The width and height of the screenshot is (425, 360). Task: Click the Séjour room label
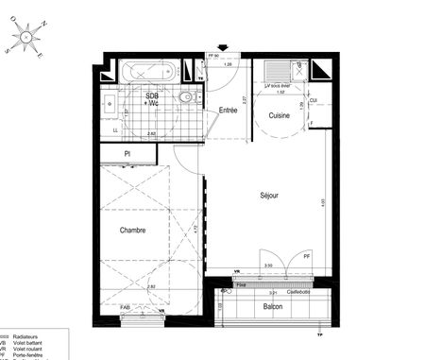pyautogui.click(x=269, y=197)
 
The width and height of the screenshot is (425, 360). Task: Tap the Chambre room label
pyautogui.click(x=132, y=230)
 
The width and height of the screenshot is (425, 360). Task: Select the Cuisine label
pyautogui.click(x=279, y=115)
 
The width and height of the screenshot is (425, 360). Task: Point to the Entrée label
pyautogui.click(x=228, y=111)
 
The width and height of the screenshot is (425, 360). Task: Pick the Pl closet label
pyautogui.click(x=128, y=153)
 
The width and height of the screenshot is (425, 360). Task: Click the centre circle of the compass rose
pyautogui.click(x=29, y=37)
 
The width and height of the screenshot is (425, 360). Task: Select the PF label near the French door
pyautogui.click(x=306, y=256)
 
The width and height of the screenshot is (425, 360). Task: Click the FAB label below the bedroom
pyautogui.click(x=127, y=306)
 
